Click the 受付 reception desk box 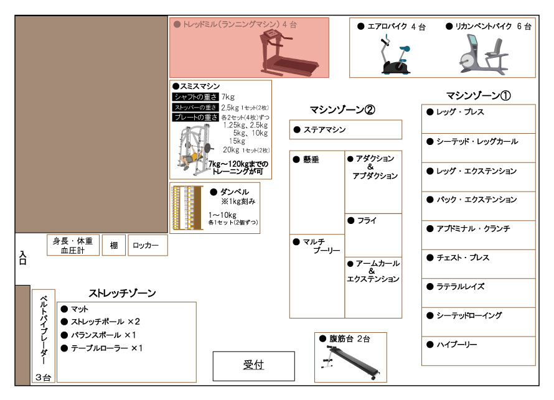tap(253, 366)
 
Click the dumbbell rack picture tap(187, 208)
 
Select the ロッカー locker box tap(148, 246)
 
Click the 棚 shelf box tap(114, 246)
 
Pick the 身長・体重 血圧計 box tap(73, 246)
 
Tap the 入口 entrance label tap(22, 257)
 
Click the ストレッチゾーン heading tap(122, 293)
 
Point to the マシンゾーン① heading tap(478, 96)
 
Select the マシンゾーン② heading tap(342, 110)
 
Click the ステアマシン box tap(345, 130)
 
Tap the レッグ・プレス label tap(460, 113)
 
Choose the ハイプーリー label tap(456, 345)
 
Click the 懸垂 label tap(311, 160)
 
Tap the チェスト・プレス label tap(462, 258)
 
